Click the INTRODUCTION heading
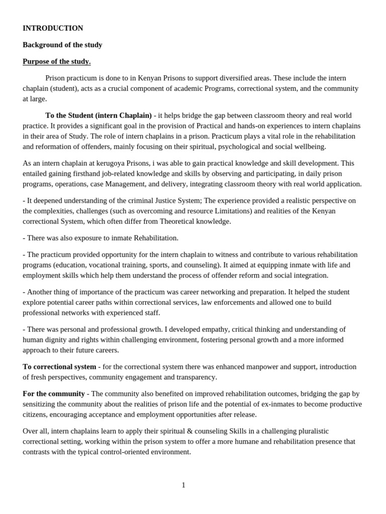click(53, 28)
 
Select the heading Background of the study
click(62, 45)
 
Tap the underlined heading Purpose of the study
click(57, 61)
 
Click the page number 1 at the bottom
click(183, 485)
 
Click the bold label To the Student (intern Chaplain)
click(99, 115)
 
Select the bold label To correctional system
click(59, 366)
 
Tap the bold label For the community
click(54, 394)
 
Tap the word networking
click(216, 292)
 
